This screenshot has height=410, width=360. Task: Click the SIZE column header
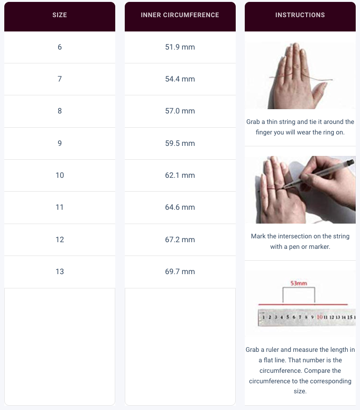(x=60, y=15)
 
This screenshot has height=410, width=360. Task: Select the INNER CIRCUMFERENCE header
(x=180, y=15)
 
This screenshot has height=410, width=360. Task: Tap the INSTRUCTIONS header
(x=300, y=15)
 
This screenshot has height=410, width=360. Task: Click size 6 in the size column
(x=60, y=47)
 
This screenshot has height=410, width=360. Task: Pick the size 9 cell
(x=60, y=143)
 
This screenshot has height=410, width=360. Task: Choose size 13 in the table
(x=60, y=272)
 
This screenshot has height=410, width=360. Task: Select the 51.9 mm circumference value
(x=180, y=47)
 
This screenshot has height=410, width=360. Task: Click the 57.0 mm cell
(x=180, y=111)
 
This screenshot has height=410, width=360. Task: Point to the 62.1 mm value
(x=180, y=175)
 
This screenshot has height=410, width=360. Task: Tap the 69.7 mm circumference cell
(x=180, y=272)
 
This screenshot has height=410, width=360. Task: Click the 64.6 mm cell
(x=180, y=207)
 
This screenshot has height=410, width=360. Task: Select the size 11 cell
(x=60, y=207)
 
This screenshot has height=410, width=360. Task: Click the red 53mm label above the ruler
(x=299, y=283)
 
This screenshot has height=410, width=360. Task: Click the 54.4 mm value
(x=180, y=79)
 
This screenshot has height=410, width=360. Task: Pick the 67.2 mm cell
(x=180, y=240)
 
